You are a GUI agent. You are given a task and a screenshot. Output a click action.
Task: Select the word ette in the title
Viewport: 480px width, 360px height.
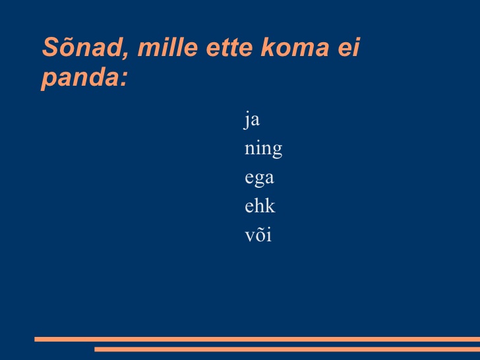pos(229,47)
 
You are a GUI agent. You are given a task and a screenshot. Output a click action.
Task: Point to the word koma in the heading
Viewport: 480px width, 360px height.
pos(295,47)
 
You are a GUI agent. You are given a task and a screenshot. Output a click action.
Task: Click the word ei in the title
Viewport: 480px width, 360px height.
pos(349,47)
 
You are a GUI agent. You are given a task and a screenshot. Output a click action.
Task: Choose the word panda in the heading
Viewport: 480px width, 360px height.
pos(80,78)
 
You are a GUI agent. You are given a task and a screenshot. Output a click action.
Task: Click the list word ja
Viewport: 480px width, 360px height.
pos(252,120)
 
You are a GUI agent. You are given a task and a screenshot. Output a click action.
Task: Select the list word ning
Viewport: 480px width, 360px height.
pos(263,149)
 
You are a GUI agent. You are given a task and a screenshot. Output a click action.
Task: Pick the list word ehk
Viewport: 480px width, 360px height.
pos(260,205)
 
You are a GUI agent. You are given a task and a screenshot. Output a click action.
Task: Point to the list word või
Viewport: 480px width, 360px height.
pos(258,235)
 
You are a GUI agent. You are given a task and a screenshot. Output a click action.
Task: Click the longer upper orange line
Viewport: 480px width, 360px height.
pos(257,339)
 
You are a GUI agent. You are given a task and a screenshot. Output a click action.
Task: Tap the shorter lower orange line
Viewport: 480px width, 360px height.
pos(287,349)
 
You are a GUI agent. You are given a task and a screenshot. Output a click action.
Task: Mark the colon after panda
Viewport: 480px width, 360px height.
pos(124,79)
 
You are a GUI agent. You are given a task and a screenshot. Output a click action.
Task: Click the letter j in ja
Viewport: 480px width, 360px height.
pos(247,120)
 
